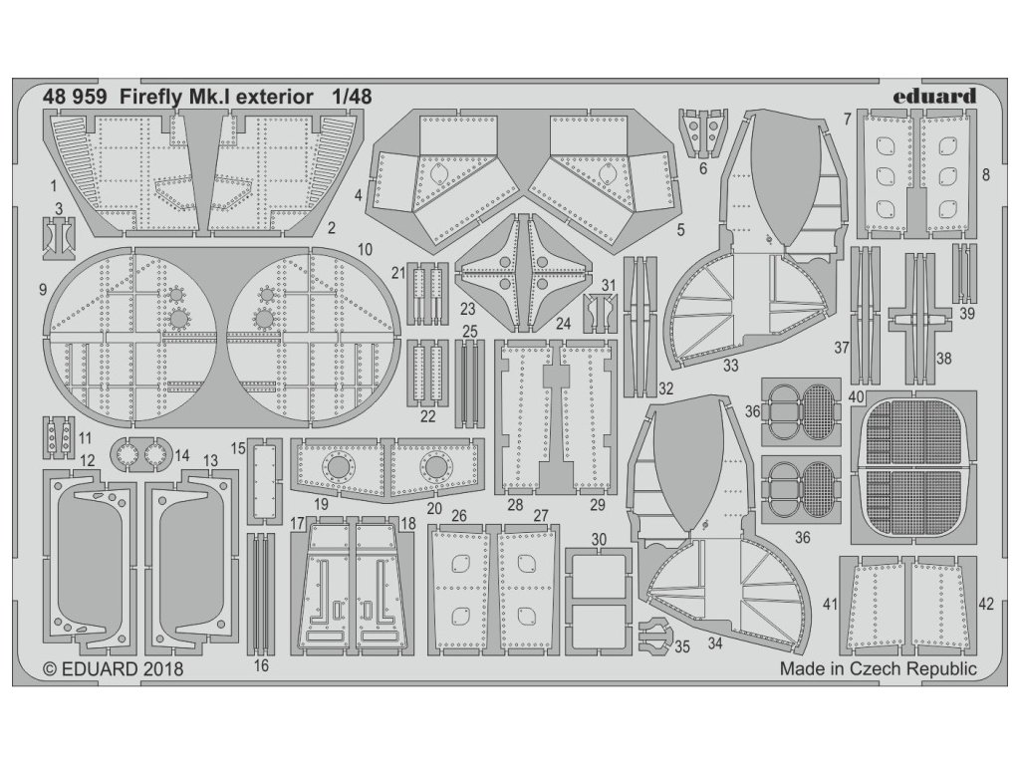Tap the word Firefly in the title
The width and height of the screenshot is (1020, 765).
(153, 98)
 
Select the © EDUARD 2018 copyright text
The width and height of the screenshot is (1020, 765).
(115, 670)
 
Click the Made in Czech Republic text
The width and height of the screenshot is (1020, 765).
(878, 669)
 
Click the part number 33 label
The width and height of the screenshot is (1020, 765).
(730, 366)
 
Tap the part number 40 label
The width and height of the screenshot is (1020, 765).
(856, 394)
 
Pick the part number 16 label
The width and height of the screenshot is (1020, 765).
(261, 665)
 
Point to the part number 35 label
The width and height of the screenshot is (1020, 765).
(681, 646)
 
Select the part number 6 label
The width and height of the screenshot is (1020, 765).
(702, 169)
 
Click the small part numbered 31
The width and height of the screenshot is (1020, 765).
(600, 311)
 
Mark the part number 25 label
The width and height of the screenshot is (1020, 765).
(470, 331)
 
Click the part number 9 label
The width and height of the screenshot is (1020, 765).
(42, 290)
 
